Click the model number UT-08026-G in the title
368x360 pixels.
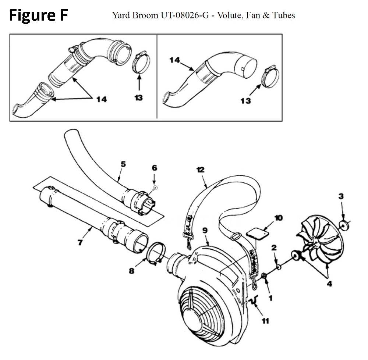click(175, 15)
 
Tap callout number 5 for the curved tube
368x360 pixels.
click(123, 164)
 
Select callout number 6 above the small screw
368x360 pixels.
click(154, 168)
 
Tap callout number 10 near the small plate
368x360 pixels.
click(278, 218)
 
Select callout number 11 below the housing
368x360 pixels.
click(265, 321)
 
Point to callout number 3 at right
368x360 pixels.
click(341, 196)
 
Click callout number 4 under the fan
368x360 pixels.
click(329, 284)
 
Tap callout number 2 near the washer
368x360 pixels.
click(273, 248)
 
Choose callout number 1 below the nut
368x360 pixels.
click(271, 299)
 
